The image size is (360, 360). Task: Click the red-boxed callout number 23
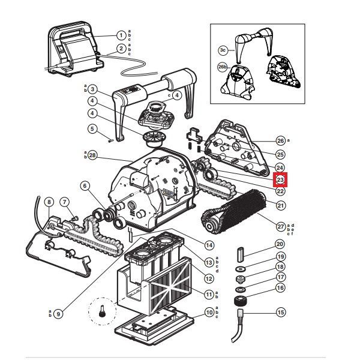click(280, 179)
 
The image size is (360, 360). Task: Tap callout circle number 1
click(121, 35)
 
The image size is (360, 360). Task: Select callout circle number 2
click(121, 48)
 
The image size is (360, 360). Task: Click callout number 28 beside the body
click(92, 155)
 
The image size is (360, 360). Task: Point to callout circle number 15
click(280, 313)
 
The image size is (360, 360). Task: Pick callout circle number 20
click(280, 244)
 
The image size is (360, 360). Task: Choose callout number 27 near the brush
click(280, 226)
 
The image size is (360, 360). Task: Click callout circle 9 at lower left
click(58, 313)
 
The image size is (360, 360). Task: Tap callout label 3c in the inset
click(223, 50)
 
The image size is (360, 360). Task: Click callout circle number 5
click(92, 128)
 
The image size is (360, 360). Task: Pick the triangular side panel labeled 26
click(232, 144)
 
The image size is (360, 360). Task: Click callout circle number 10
click(209, 312)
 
